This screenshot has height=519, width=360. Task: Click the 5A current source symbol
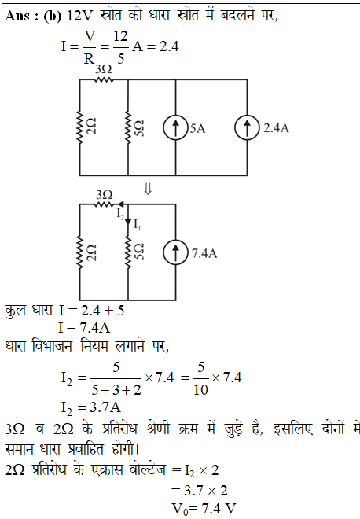tap(175, 127)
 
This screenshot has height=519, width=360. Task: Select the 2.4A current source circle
tap(247, 127)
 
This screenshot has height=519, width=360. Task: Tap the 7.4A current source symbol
tap(175, 252)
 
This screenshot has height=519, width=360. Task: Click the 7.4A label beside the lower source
tap(204, 253)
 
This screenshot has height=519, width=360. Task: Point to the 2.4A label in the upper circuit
tap(276, 128)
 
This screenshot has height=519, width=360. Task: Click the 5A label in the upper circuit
tap(197, 128)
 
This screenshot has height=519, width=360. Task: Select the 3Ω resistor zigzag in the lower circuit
tap(104, 205)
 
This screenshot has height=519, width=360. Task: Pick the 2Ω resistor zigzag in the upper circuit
tap(79, 127)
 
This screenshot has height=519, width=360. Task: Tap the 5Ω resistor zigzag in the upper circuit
tap(128, 127)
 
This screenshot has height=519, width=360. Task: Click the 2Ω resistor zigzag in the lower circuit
tap(79, 252)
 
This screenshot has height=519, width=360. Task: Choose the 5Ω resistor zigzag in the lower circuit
tap(128, 252)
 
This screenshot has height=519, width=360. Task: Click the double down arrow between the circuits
tap(148, 189)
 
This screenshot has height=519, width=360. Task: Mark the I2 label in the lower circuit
tap(120, 214)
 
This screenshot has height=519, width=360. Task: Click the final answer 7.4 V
tap(204, 509)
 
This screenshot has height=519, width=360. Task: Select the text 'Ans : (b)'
tap(33, 16)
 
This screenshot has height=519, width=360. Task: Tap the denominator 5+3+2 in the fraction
tap(116, 390)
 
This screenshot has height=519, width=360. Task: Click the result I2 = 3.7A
tap(91, 407)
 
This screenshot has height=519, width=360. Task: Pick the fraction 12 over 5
tap(120, 47)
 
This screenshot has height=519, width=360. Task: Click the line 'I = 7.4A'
tap(84, 328)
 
